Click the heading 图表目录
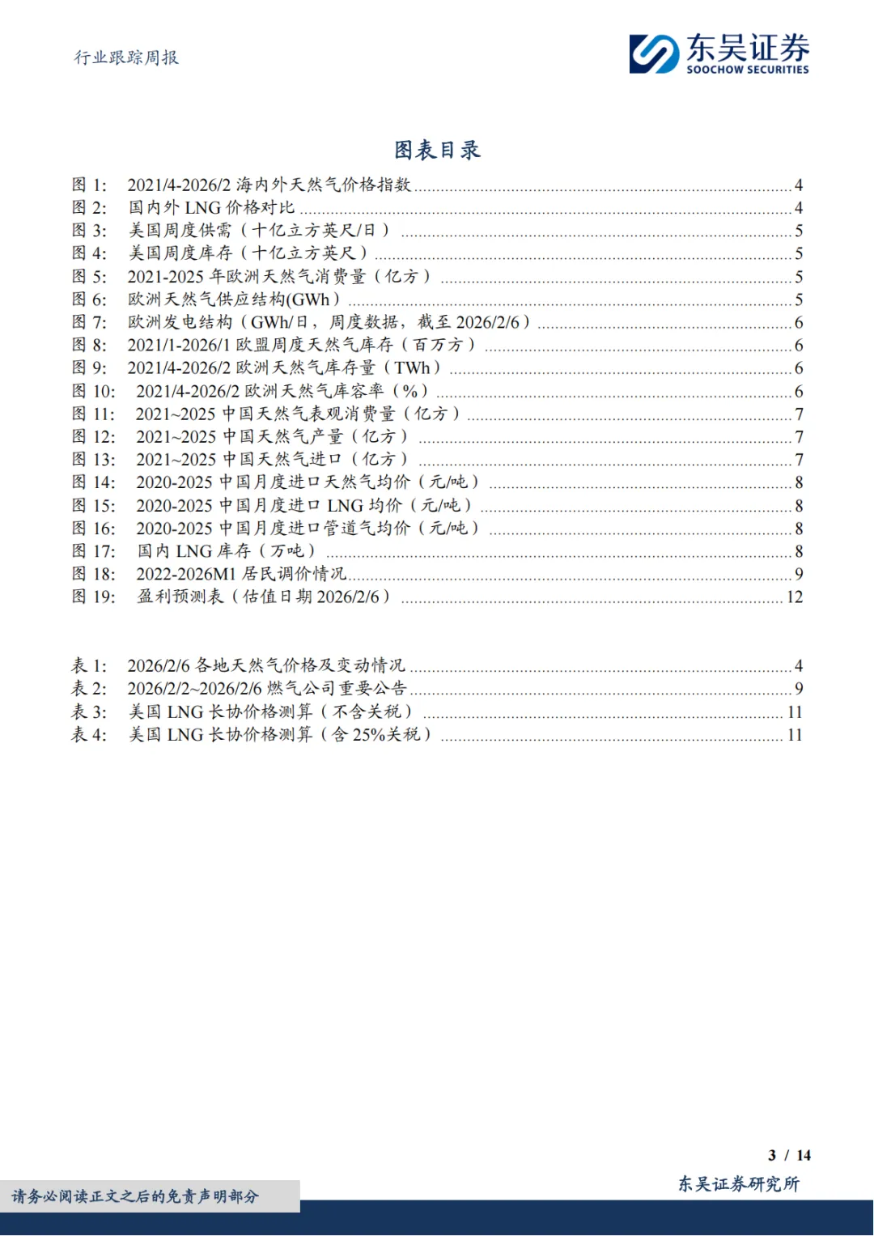tap(437, 150)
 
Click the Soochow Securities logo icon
tap(654, 54)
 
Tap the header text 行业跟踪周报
tap(126, 57)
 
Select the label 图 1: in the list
tap(89, 185)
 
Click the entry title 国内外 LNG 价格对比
tap(211, 207)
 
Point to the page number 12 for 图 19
tap(794, 597)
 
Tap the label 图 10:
tap(94, 391)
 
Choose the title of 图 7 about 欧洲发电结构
tap(329, 322)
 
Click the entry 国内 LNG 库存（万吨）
tap(226, 551)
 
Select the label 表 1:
tap(89, 665)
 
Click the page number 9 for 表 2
tap(799, 688)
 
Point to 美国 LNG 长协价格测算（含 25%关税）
tap(280, 734)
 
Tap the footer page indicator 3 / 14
tap(789, 1155)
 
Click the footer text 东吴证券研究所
tap(738, 1183)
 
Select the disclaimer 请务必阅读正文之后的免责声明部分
tap(135, 1196)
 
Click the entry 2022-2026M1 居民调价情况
tap(241, 574)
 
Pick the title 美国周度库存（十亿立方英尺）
tap(248, 253)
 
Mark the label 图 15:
tap(94, 505)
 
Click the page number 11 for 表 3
tap(794, 711)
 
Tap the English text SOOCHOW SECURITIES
tap(747, 70)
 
